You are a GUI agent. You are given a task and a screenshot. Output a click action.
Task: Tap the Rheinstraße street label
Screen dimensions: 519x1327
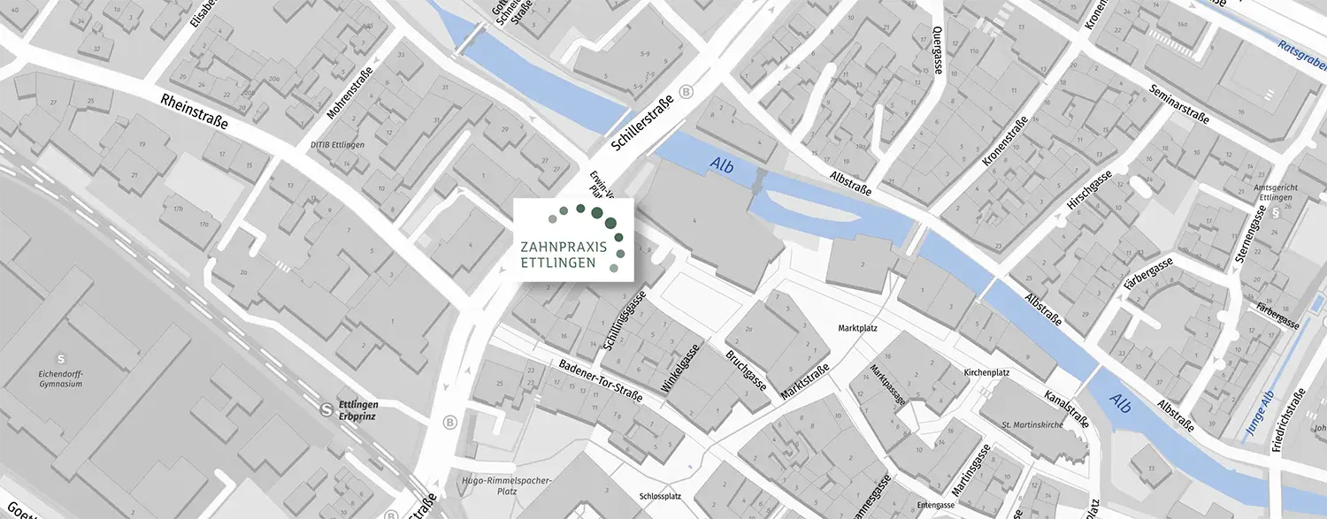coord(195,111)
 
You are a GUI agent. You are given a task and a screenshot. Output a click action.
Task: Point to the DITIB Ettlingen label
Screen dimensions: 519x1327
coord(337,144)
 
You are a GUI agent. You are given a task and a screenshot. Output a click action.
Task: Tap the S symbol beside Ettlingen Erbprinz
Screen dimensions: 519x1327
coord(327,408)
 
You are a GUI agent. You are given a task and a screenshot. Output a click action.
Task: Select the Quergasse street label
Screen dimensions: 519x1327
coord(937,50)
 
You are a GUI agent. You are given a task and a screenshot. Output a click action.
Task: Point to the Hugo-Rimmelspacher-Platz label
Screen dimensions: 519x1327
coord(507,486)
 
